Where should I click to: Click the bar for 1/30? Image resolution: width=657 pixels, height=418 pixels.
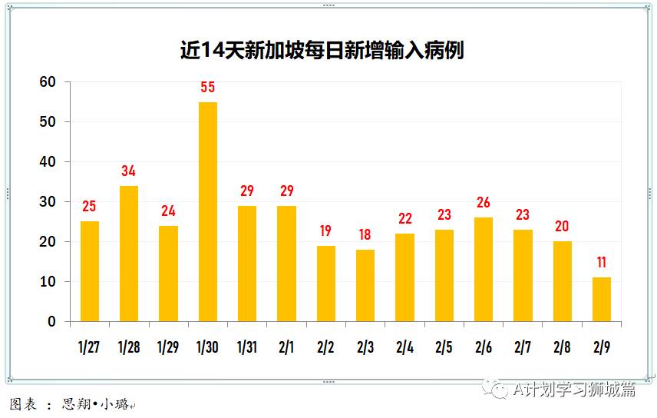[x=208, y=211]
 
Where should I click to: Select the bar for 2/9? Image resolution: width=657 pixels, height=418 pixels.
[x=602, y=299]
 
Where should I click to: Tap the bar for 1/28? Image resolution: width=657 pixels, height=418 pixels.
[x=129, y=254]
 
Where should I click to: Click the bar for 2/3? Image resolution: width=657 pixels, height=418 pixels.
[x=365, y=285]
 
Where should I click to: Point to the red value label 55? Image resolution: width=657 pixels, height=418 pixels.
[x=208, y=88]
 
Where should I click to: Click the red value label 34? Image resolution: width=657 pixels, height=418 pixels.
[x=129, y=171]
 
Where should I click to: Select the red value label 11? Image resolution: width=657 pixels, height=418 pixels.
[x=602, y=263]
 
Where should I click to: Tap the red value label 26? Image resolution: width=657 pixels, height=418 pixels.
[x=484, y=203]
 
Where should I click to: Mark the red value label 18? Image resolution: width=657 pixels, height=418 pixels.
[x=365, y=235]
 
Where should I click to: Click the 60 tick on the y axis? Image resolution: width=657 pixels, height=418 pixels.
[x=48, y=82]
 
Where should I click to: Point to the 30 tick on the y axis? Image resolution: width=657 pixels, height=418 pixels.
[x=48, y=202]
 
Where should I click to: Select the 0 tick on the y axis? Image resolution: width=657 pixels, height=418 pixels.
[x=51, y=322]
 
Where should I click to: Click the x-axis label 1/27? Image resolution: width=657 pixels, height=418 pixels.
[x=89, y=347]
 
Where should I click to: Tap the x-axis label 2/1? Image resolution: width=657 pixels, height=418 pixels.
[x=286, y=347]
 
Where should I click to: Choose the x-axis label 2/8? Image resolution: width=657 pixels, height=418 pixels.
[x=563, y=347]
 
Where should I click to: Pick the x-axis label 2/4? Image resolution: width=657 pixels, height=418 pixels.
[x=404, y=347]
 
